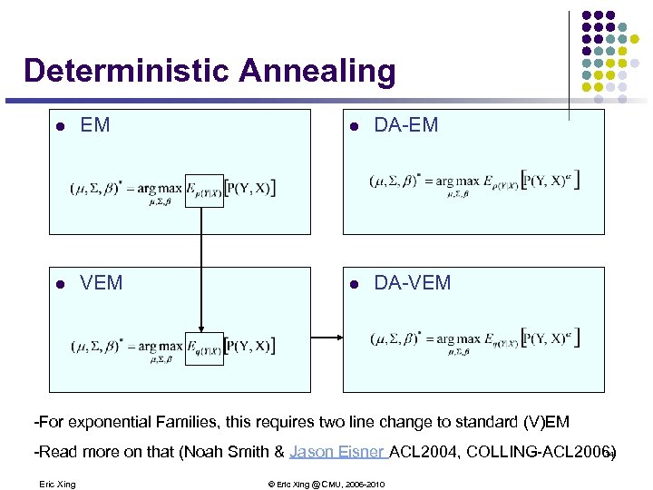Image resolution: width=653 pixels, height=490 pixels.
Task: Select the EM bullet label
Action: point(95,126)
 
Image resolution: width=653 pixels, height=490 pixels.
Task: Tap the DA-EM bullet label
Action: point(406,126)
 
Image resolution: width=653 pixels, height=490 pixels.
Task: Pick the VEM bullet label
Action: point(102,283)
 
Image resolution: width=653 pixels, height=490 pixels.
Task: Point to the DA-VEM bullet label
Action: point(413,283)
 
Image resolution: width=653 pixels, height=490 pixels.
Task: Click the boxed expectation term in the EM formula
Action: point(204,190)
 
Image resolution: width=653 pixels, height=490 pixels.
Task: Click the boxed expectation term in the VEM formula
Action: point(204,347)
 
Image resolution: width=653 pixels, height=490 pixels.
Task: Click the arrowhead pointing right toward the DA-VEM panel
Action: point(338,338)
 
